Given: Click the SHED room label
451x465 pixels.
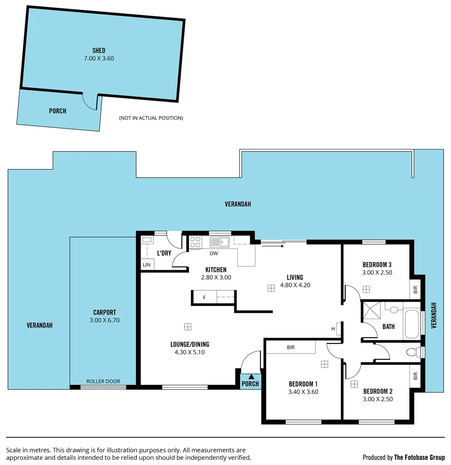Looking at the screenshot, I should [x=99, y=51].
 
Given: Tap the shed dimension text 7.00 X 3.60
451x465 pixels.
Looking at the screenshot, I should [x=99, y=59].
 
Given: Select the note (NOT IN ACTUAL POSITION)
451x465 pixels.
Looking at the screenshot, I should [x=151, y=118].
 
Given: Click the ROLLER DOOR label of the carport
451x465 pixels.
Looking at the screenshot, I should [x=103, y=381].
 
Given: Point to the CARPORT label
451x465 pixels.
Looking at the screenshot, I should [x=104, y=313].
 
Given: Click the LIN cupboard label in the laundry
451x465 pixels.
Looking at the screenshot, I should [x=146, y=265].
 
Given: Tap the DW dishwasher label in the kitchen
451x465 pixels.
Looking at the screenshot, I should [x=214, y=253].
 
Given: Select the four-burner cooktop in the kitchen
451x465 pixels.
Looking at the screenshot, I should [x=195, y=242].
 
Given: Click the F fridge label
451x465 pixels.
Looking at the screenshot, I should [x=205, y=297].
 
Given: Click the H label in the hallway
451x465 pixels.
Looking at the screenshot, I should [x=333, y=329].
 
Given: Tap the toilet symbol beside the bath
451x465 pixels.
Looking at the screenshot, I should [x=413, y=353].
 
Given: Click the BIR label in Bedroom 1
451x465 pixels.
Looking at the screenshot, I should [x=291, y=347].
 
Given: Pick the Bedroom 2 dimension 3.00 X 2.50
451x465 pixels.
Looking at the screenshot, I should [x=377, y=399].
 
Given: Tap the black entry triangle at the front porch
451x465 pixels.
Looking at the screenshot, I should [x=251, y=377].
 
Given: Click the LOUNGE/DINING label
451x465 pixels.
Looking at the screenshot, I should [x=190, y=344].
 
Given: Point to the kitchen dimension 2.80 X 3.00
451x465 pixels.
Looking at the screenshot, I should [x=216, y=278].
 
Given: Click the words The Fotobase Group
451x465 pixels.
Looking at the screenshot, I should [x=419, y=457].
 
